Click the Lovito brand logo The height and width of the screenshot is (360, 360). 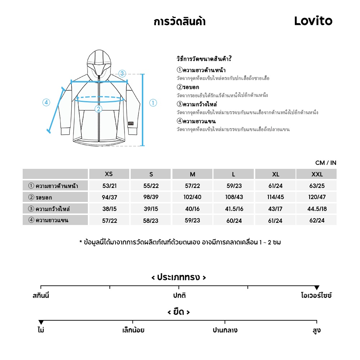pyautogui.click(x=313, y=21)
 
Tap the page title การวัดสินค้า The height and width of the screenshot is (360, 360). pyautogui.click(x=179, y=22)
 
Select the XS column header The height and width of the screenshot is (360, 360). pyautogui.click(x=109, y=174)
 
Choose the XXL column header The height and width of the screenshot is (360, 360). pyautogui.click(x=317, y=174)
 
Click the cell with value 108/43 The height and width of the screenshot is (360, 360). pyautogui.click(x=234, y=197)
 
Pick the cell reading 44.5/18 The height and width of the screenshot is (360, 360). pyautogui.click(x=317, y=209)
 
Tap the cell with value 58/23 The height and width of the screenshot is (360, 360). pyautogui.click(x=150, y=220)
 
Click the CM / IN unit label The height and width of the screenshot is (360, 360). pyautogui.click(x=326, y=163)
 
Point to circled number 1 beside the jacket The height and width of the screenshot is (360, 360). pyautogui.click(x=153, y=103)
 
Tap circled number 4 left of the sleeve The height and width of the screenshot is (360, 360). pyautogui.click(x=46, y=103)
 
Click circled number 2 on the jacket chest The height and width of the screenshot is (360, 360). pyautogui.click(x=98, y=109)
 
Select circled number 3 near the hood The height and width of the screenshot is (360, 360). pyautogui.click(x=122, y=74)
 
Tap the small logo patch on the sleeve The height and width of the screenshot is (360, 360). pyautogui.click(x=130, y=123)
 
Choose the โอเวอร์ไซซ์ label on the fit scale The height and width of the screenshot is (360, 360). pyautogui.click(x=316, y=296)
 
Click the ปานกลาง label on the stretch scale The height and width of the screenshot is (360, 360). pyautogui.click(x=225, y=330)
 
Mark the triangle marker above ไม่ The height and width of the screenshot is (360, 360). pyautogui.click(x=41, y=322)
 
